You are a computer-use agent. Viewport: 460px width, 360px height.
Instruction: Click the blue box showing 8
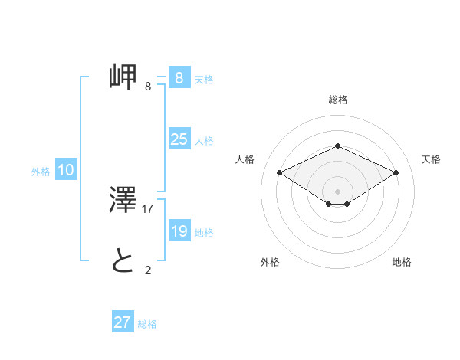pos(179,78)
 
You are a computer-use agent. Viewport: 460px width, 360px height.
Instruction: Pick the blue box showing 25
pos(179,139)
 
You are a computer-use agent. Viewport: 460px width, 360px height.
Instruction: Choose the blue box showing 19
pos(179,231)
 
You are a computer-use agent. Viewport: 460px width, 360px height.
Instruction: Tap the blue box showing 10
pos(65,170)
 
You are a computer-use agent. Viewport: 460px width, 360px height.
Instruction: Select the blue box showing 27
pos(122,322)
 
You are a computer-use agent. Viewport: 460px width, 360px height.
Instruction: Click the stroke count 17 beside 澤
pos(148,208)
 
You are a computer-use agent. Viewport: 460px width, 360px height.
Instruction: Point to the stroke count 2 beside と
pos(148,270)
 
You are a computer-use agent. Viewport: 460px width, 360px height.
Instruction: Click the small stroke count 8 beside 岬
pos(148,86)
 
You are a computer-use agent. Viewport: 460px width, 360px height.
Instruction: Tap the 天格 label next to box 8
pos(204,80)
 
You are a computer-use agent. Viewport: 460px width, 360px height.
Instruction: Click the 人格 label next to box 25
pos(204,141)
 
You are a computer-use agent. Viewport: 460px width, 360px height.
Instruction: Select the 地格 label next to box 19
pos(204,233)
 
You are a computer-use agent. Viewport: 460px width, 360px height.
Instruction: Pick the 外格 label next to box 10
pos(41,172)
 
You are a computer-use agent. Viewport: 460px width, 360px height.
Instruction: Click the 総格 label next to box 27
pos(147,324)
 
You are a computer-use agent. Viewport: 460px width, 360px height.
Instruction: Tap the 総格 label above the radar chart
pos(337,100)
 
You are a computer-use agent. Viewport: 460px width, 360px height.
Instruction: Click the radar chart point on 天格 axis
pos(396,172)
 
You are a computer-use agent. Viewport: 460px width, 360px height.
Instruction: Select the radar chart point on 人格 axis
pos(280,172)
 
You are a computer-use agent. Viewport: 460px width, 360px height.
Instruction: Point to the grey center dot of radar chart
pos(337,191)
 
